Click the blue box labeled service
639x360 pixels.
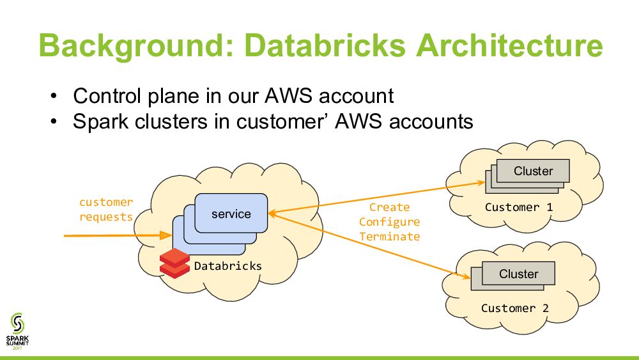(231, 214)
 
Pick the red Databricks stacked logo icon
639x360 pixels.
(174, 263)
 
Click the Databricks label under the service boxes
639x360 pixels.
(227, 265)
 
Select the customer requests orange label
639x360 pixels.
(106, 209)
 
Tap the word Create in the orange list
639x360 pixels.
(389, 207)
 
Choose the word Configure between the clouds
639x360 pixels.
(389, 222)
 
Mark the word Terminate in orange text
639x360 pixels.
(389, 237)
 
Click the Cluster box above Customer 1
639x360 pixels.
(533, 171)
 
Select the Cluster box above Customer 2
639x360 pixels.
(518, 274)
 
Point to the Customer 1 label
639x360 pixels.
(518, 207)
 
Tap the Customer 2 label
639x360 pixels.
(514, 308)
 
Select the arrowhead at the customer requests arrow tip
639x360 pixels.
(167, 236)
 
